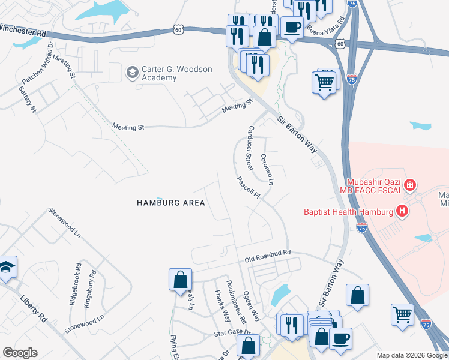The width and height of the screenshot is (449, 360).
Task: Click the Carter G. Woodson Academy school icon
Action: [131, 73]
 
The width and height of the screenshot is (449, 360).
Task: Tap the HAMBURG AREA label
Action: [170, 203]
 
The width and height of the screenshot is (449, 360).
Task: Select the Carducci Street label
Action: [247, 146]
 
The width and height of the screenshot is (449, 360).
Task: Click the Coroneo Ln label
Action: [267, 169]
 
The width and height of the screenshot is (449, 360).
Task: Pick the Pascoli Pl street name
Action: [247, 187]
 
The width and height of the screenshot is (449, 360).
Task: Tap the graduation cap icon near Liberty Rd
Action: [7, 267]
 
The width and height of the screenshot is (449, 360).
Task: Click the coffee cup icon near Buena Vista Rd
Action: [292, 27]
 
